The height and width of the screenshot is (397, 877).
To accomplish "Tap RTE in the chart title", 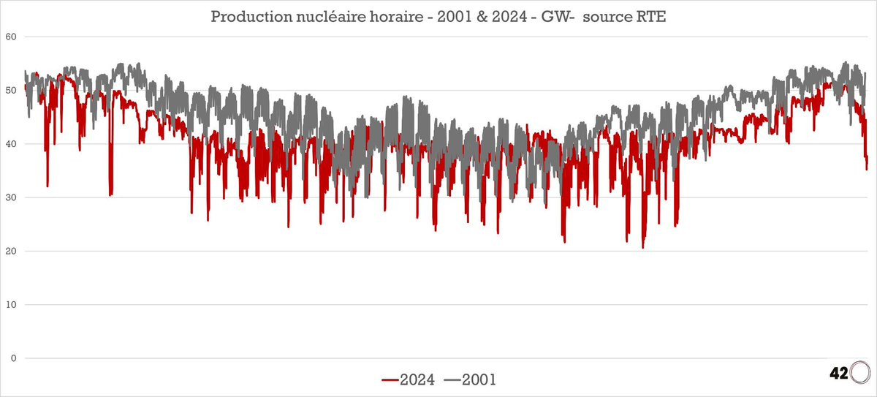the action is click(652, 17).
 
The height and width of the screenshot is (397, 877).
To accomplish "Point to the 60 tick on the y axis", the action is click(11, 37).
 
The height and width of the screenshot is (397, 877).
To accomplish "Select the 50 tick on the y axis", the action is click(11, 91).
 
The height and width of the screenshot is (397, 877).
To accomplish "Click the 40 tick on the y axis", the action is click(11, 144).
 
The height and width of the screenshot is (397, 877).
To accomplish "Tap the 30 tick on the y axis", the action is click(11, 197).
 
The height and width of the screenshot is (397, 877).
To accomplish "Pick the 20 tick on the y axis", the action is click(11, 251).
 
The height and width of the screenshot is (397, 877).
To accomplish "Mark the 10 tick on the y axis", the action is click(11, 305).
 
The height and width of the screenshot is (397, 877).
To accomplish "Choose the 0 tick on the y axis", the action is click(14, 358).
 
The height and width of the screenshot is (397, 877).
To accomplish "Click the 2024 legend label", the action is click(417, 379).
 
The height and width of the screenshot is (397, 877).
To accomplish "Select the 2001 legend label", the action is click(479, 379).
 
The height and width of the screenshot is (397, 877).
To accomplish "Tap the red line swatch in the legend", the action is click(390, 380).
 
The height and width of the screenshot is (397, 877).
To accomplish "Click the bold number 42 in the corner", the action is click(839, 374).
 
